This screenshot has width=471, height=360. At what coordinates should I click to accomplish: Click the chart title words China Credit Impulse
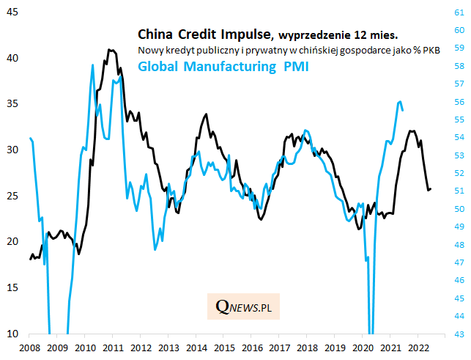[x=204, y=34]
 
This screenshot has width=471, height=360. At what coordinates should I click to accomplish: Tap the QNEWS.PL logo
[x=243, y=306]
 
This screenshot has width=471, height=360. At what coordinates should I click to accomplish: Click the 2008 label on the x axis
[x=30, y=348]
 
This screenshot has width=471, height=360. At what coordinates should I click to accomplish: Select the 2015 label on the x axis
[x=224, y=348]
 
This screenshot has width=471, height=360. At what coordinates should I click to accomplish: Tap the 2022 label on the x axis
[x=418, y=348]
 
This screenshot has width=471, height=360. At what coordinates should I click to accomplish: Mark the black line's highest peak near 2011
[x=109, y=50]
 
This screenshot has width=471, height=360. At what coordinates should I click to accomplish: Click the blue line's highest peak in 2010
[x=92, y=65]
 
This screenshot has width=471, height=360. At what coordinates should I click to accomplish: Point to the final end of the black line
[x=431, y=189]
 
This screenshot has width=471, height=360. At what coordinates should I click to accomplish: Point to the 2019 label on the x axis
[x=335, y=348]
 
